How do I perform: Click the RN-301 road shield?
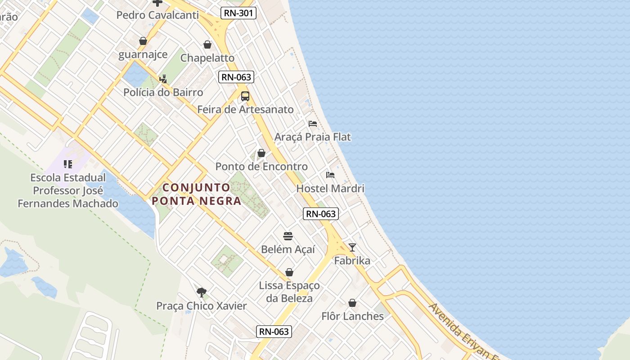pyautogui.click(x=238, y=13)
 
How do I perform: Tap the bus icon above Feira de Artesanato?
pyautogui.click(x=245, y=96)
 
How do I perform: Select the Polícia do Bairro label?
pyautogui.click(x=163, y=92)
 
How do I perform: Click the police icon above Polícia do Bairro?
pyautogui.click(x=163, y=79)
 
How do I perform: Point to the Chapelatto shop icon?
pyautogui.click(x=207, y=45)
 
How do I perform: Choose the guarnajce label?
pyautogui.click(x=143, y=54)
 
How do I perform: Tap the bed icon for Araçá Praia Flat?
pyautogui.click(x=313, y=123)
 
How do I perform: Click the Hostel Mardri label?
pyautogui.click(x=330, y=188)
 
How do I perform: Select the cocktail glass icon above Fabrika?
pyautogui.click(x=352, y=247)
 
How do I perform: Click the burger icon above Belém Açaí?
pyautogui.click(x=288, y=236)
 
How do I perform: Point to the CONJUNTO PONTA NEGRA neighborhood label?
pyautogui.click(x=197, y=194)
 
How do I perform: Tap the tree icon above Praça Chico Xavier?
pyautogui.click(x=202, y=292)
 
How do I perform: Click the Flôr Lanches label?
pyautogui.click(x=352, y=316)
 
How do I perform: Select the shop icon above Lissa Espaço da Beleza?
pyautogui.click(x=289, y=273)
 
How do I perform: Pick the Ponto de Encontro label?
pyautogui.click(x=261, y=166)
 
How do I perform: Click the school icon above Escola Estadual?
pyautogui.click(x=68, y=164)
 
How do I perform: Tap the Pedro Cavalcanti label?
pyautogui.click(x=157, y=15)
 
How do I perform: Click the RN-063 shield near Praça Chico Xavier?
pyautogui.click(x=274, y=332)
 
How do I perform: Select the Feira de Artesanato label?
pyautogui.click(x=245, y=109)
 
